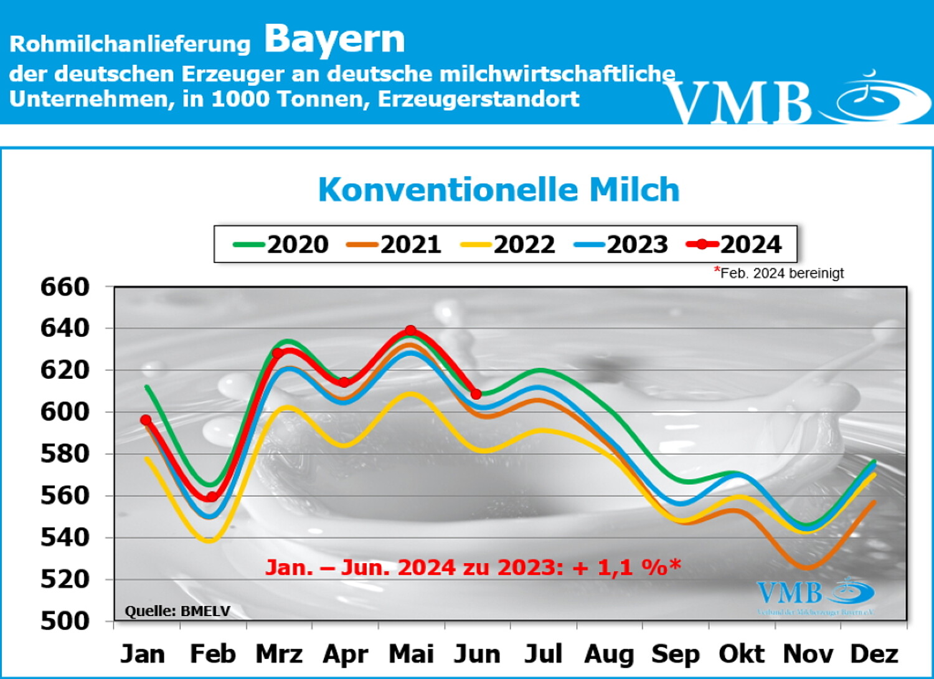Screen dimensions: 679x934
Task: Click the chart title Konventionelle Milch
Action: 498,189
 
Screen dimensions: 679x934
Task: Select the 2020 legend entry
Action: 281,244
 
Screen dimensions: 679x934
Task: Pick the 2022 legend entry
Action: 508,244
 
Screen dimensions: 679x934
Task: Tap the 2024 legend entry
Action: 735,244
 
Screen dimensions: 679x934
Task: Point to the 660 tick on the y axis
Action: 65,287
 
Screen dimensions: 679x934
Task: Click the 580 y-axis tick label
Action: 65,453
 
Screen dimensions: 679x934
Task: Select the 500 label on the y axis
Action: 65,620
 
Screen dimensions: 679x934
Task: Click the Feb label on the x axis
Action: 213,654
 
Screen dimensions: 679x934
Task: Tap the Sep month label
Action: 675,654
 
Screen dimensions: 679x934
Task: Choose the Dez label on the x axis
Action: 874,654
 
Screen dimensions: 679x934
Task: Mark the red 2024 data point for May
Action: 410,331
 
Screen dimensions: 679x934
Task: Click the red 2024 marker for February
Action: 212,496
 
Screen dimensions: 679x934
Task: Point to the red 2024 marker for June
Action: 476,394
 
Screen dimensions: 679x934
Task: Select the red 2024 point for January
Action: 146,420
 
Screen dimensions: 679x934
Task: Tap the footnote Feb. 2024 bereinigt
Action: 780,273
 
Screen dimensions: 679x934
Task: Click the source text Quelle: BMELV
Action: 177,611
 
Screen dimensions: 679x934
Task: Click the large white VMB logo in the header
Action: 797,100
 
